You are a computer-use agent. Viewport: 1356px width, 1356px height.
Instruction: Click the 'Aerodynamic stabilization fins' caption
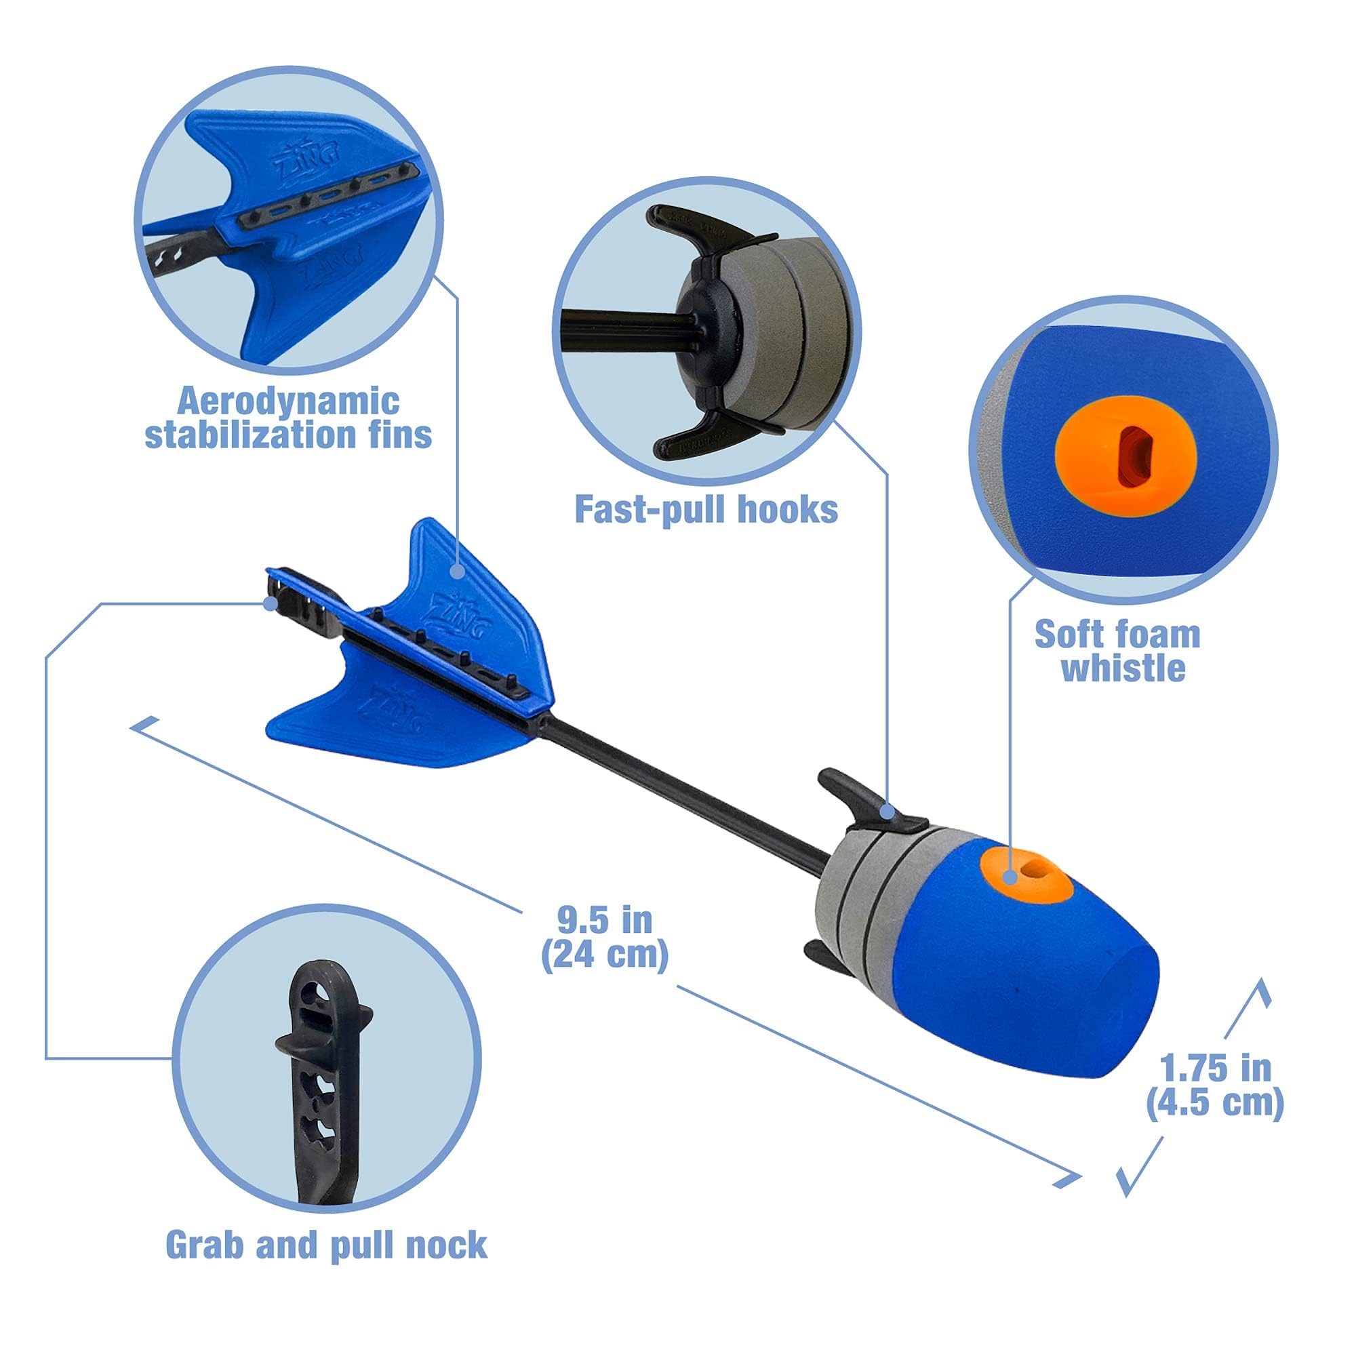pyautogui.click(x=287, y=418)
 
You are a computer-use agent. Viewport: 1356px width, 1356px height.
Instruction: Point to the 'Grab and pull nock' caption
pyautogui.click(x=326, y=1244)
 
